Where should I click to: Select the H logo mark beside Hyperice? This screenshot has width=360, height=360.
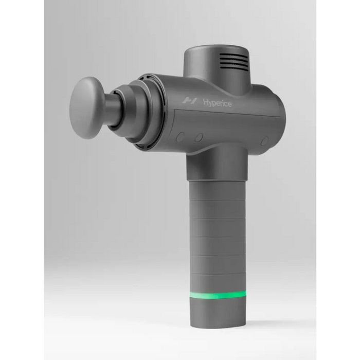point(190,101)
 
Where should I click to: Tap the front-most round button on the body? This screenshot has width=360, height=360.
point(181,137)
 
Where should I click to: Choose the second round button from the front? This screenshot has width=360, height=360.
point(199,138)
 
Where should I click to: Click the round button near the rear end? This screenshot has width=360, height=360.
point(264,140)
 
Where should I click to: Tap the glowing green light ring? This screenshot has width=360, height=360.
point(217,295)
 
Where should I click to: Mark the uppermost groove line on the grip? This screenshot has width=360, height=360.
point(217,200)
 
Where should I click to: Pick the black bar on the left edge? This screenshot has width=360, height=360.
point(21,180)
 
